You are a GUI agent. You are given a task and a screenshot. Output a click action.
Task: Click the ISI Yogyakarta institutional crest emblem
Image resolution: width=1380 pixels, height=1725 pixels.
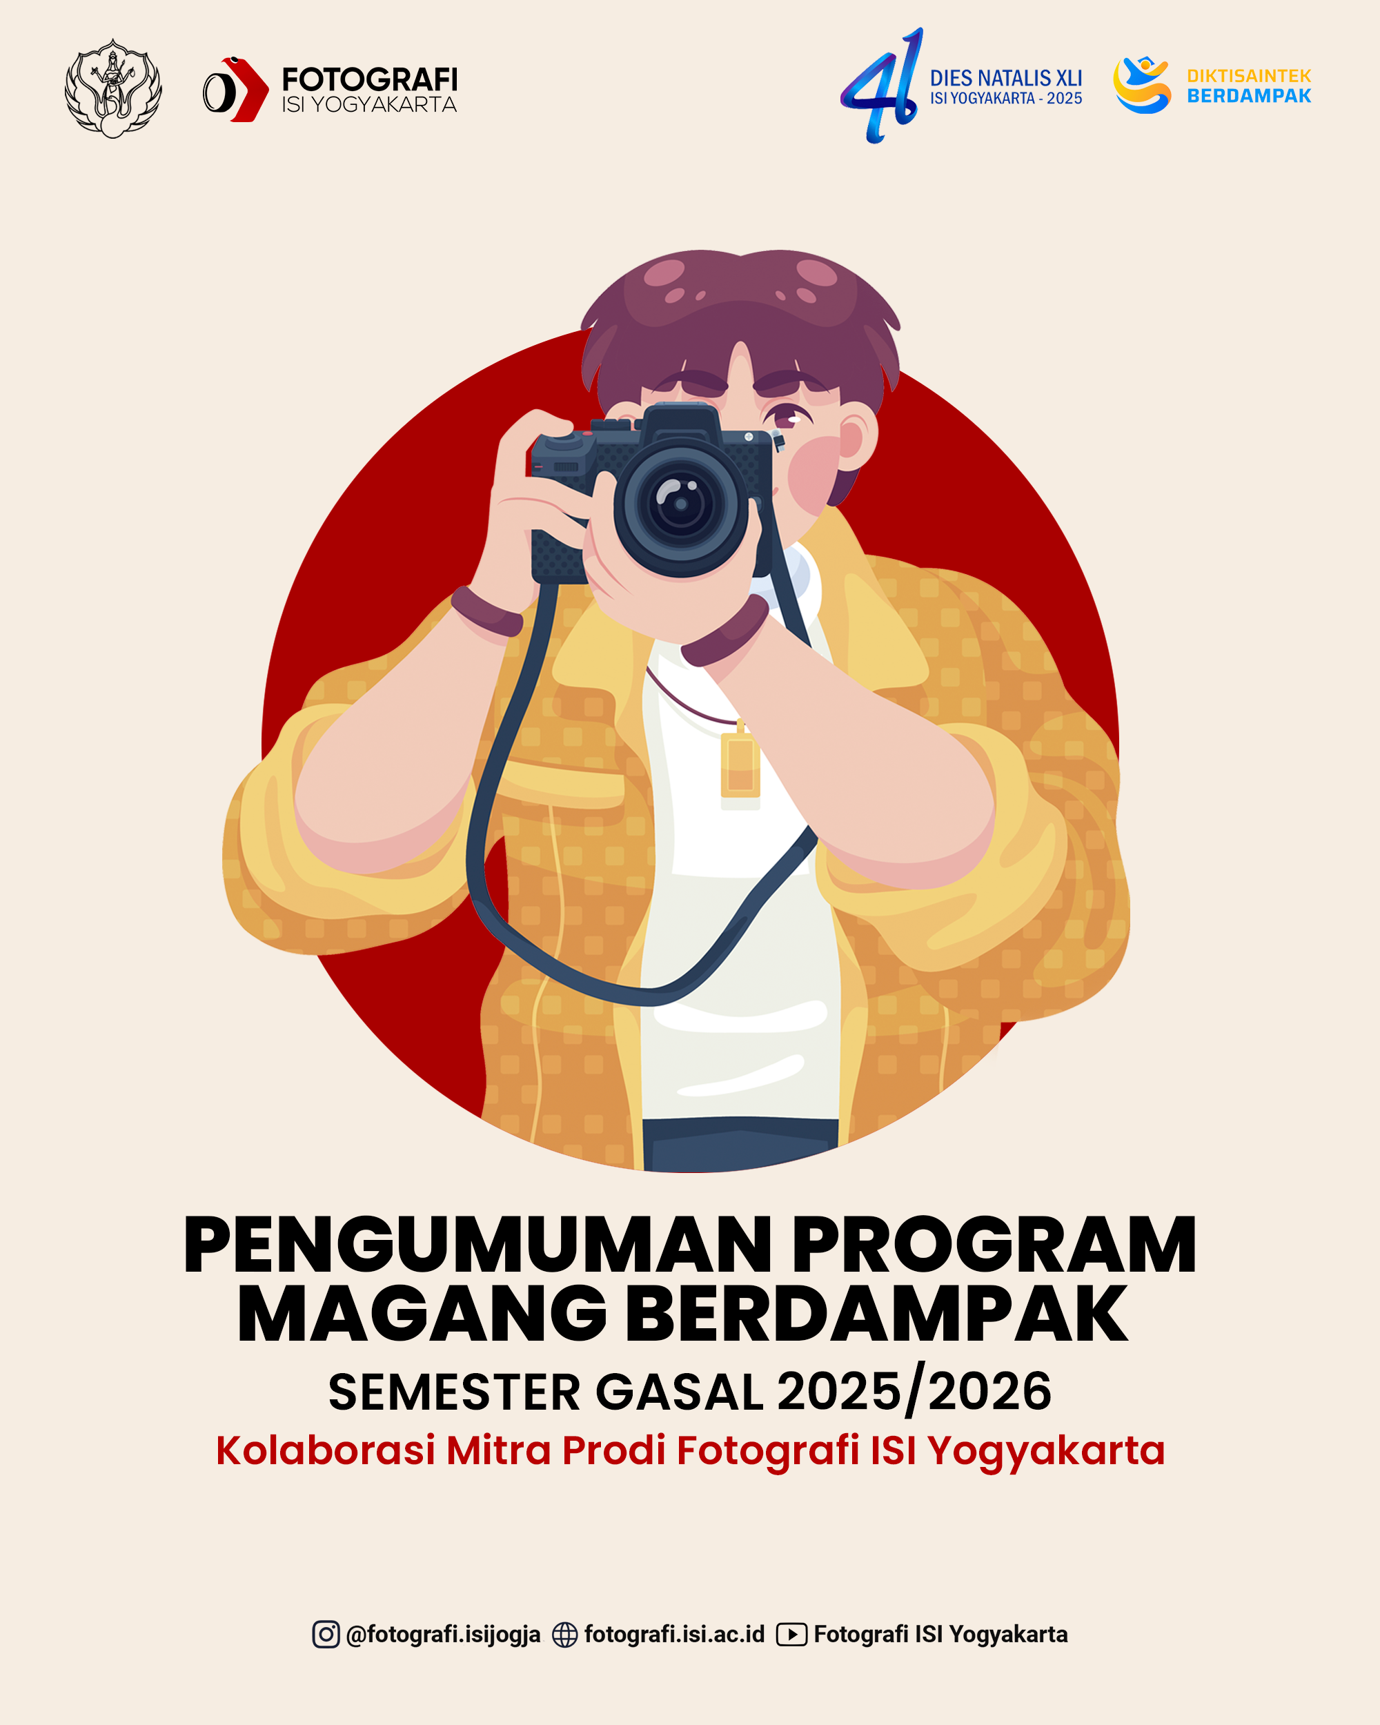(x=112, y=89)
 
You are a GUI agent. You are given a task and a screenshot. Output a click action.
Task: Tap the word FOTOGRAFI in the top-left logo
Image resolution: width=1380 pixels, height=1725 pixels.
(x=370, y=79)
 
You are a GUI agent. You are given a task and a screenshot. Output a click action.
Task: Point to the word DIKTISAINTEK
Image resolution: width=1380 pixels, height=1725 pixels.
(x=1249, y=76)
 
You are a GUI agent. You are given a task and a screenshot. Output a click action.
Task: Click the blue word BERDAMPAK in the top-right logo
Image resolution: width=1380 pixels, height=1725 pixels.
(x=1249, y=96)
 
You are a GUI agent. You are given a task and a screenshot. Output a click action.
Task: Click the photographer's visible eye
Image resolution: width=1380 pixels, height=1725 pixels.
(x=787, y=416)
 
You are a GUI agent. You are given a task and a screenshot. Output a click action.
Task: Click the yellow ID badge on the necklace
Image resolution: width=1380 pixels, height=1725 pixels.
(x=740, y=767)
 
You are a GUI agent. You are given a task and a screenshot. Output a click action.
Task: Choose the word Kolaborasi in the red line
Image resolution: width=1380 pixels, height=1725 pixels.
(x=326, y=1450)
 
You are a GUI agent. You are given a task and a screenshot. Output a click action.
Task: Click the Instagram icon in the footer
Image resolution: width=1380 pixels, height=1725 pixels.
(x=326, y=1634)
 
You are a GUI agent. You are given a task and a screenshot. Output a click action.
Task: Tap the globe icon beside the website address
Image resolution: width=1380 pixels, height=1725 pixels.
(x=565, y=1635)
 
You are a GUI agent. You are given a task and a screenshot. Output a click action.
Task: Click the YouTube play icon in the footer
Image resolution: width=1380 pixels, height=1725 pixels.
(x=791, y=1635)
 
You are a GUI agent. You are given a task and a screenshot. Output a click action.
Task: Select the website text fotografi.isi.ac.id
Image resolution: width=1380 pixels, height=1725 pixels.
(x=674, y=1634)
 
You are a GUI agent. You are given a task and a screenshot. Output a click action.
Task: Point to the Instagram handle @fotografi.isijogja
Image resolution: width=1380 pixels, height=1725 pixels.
(x=443, y=1635)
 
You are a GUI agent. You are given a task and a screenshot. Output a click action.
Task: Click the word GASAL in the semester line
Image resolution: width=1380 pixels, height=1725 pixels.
(x=679, y=1392)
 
